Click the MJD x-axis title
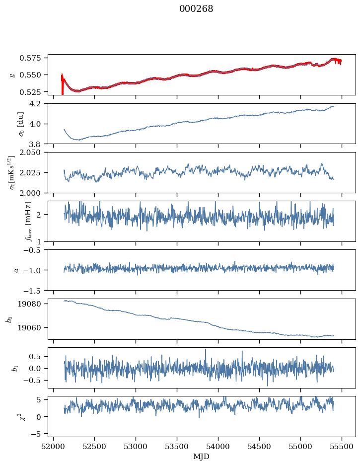click(x=201, y=457)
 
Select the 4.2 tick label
click(x=38, y=103)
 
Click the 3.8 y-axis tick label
click(x=38, y=144)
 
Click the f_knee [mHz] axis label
click(x=14, y=221)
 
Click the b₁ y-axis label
click(x=14, y=368)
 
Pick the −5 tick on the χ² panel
click(x=39, y=434)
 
